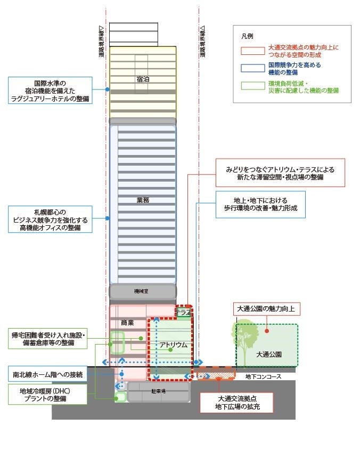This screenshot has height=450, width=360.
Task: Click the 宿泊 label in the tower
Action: (x=142, y=79)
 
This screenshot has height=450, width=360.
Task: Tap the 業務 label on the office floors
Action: (x=143, y=200)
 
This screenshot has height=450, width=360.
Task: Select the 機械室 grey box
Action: (x=142, y=291)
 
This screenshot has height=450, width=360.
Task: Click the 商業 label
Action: (x=127, y=323)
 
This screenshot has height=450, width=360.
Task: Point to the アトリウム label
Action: (x=174, y=345)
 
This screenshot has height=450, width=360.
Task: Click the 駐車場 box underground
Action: (x=159, y=391)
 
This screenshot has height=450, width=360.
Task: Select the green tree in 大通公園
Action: (x=247, y=341)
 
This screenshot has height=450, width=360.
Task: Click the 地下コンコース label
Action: (x=264, y=377)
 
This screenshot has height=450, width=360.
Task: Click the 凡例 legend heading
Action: (x=247, y=36)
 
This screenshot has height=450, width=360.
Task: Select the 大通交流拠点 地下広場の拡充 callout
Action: (x=236, y=403)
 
